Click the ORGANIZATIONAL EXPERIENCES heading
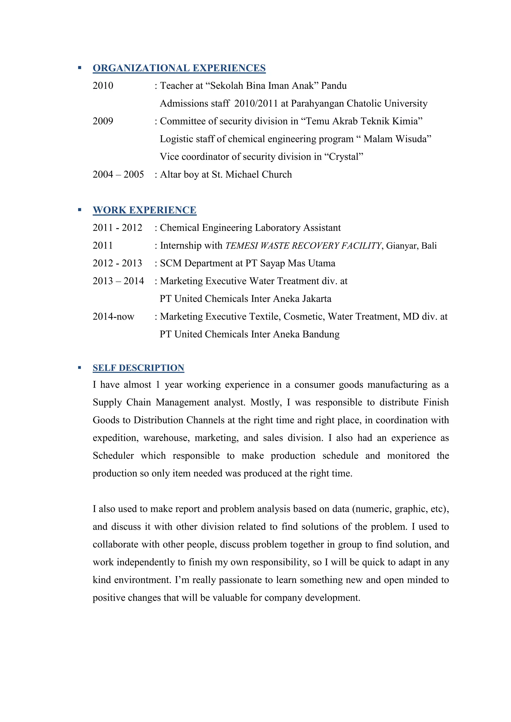[179, 68]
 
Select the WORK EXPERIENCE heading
[144, 210]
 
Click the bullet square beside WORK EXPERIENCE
[80, 210]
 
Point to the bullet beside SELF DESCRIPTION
[80, 367]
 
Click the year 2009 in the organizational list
[103, 121]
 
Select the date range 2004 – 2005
[118, 175]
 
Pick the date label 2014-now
[113, 316]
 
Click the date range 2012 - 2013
[117, 263]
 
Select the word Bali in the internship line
[429, 246]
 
